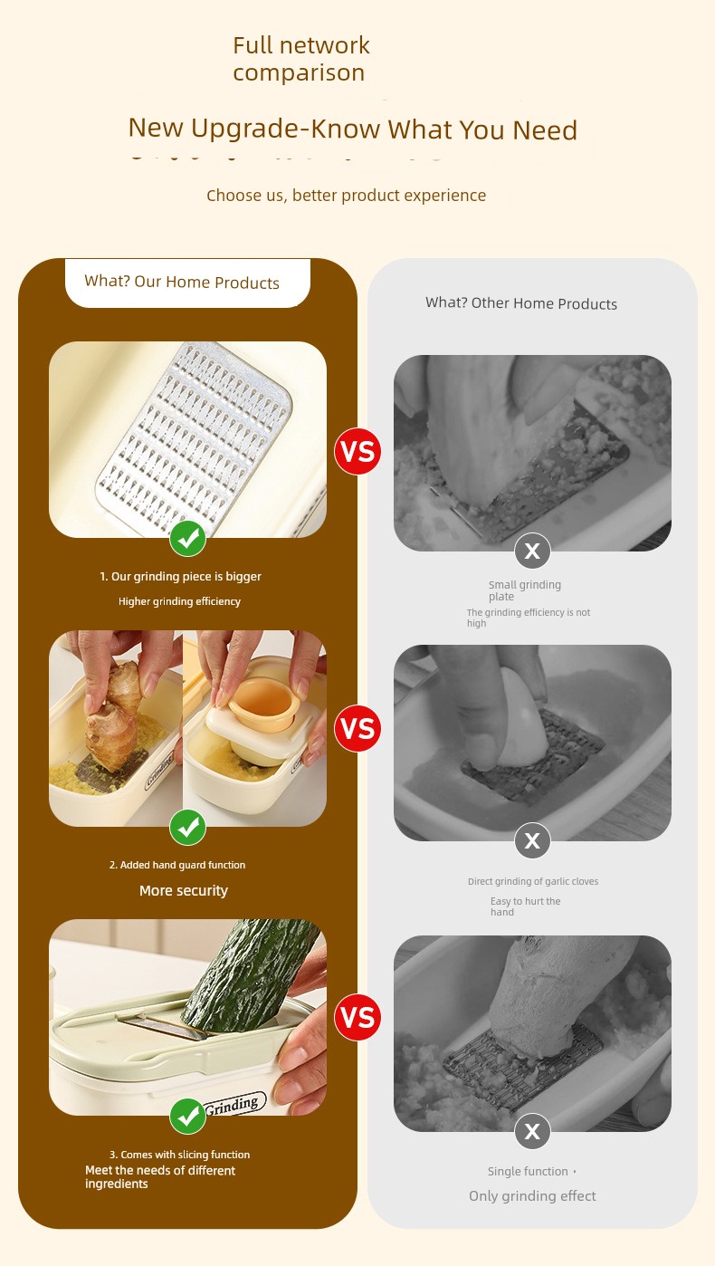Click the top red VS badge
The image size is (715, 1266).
point(357,451)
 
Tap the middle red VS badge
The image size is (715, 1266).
point(357,728)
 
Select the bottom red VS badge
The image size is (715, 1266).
point(357,1017)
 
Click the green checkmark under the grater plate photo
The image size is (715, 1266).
point(187,539)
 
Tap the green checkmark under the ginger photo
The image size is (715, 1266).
point(187,828)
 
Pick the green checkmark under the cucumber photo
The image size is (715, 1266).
point(187,1117)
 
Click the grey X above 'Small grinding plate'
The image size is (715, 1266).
point(532,551)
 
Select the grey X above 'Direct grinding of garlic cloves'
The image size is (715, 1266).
point(532,840)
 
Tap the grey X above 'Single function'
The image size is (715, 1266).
point(532,1131)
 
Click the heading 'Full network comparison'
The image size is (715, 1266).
point(301,59)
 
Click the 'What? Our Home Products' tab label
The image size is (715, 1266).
point(182,282)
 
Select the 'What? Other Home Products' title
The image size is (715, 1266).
point(521,303)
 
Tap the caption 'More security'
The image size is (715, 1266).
point(184,891)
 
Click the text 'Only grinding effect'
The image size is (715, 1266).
point(532,1196)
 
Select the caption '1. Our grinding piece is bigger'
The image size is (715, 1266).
point(181,577)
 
